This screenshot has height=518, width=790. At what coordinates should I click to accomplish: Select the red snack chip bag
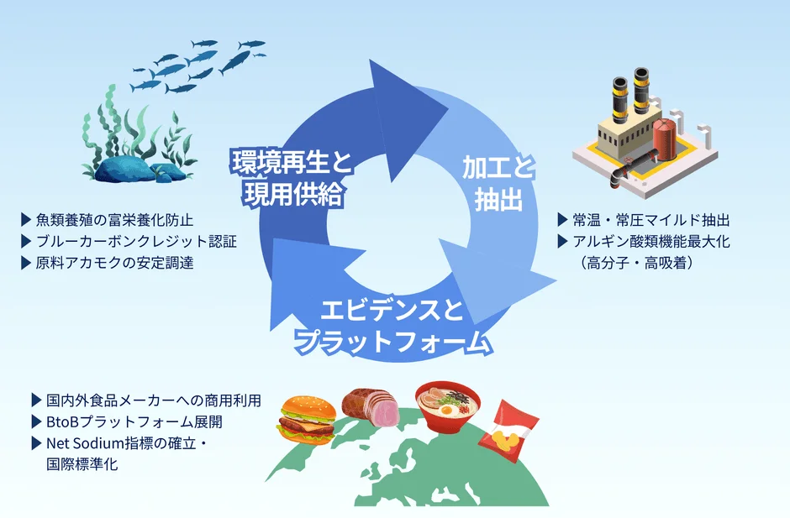pyautogui.click(x=508, y=432)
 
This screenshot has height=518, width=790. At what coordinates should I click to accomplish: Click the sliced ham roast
pyautogui.click(x=371, y=406)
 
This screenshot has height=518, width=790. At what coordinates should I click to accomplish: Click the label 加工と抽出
pyautogui.click(x=498, y=184)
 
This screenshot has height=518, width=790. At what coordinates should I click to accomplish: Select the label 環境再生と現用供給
pyautogui.click(x=292, y=178)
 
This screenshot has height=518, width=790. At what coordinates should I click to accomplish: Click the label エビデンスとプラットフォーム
pyautogui.click(x=392, y=327)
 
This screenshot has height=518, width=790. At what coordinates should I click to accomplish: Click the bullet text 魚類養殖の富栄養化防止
pyautogui.click(x=115, y=220)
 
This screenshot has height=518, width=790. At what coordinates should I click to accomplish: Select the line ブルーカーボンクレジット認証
pyautogui.click(x=136, y=242)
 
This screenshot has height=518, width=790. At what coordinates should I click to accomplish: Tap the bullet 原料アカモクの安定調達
pyautogui.click(x=115, y=263)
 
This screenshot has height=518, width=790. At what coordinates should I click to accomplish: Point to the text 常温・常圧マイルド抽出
pyautogui.click(x=651, y=220)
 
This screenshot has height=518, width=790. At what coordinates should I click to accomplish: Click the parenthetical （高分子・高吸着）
pyautogui.click(x=636, y=263)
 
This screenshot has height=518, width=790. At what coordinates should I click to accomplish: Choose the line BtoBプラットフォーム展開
pyautogui.click(x=134, y=421)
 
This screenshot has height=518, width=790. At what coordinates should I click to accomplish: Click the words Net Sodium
pyautogui.click(x=85, y=443)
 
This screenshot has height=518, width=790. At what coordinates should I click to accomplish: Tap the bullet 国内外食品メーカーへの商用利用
pyautogui.click(x=154, y=400)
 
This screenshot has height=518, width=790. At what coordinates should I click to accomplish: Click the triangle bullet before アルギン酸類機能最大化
pyautogui.click(x=563, y=241)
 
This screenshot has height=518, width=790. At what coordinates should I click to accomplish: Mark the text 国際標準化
pyautogui.click(x=82, y=464)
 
